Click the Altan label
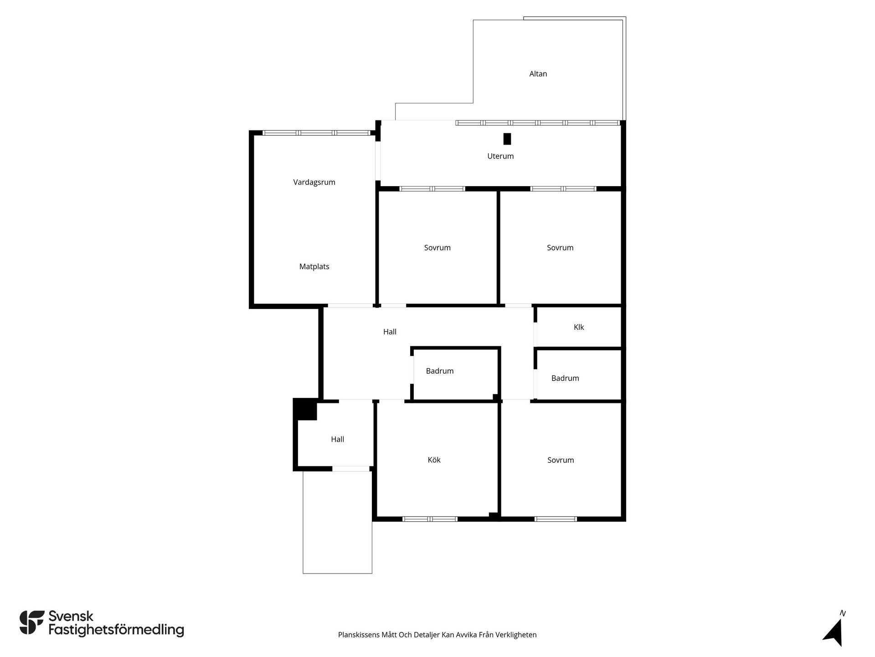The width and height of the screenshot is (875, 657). point(538,74)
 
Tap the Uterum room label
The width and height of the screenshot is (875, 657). point(500,156)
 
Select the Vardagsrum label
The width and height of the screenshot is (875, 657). point(314,182)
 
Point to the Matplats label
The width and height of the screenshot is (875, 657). point(314,266)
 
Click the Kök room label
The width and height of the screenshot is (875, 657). point(434,460)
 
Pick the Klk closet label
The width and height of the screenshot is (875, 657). point(579,327)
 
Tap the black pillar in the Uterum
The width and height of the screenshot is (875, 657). point(507,139)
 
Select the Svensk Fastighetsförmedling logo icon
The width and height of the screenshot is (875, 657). point(32,623)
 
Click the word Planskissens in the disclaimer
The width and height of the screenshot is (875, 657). point(359,635)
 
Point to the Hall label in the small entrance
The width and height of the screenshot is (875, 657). point(337,439)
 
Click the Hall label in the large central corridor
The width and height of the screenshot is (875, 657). point(390,332)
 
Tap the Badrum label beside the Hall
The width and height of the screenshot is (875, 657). point(440,371)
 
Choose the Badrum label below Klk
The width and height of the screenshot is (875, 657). point(565,378)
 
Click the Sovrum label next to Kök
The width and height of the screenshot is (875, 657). point(561,460)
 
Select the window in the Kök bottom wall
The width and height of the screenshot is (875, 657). point(430,519)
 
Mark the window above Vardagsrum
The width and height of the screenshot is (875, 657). point(316,133)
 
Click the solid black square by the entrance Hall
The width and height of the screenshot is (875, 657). point(305,409)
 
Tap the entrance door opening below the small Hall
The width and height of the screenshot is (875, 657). point(350,469)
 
